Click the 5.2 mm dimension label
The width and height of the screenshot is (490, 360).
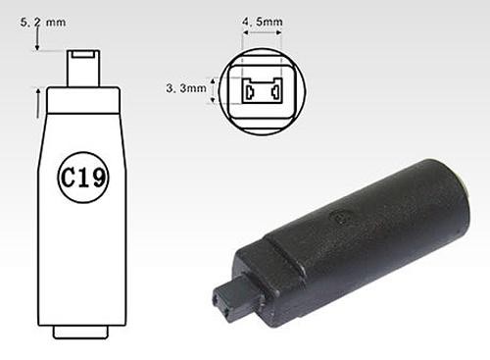(x=43, y=23)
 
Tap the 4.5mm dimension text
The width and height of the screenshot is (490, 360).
(x=263, y=22)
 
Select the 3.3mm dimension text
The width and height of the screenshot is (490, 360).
(x=186, y=88)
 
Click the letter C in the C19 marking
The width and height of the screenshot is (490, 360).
(x=69, y=178)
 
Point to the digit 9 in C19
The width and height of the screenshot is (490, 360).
(x=99, y=178)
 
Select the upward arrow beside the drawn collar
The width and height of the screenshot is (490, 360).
(x=38, y=103)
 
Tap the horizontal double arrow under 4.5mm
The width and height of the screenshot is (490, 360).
(x=263, y=32)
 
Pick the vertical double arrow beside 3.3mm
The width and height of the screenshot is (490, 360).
(x=213, y=90)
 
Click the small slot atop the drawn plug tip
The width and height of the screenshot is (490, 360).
(x=83, y=54)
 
